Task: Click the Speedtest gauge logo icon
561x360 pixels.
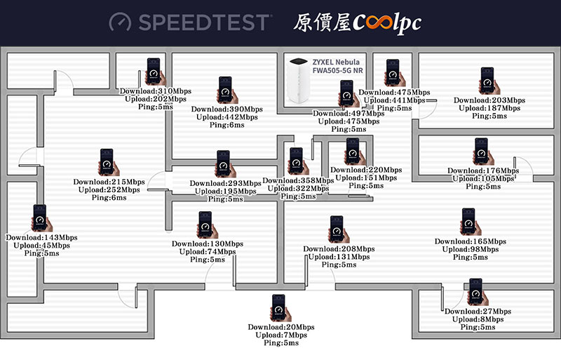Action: [120, 22]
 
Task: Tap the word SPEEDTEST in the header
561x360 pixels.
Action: [204, 22]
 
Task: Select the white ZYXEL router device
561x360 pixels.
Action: [299, 80]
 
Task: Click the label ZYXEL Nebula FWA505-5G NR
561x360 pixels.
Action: [337, 66]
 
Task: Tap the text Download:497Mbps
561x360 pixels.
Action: [349, 114]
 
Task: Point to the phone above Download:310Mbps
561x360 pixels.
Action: [155, 72]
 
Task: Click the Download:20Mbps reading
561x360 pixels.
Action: [281, 327]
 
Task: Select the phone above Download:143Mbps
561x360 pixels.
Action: [42, 218]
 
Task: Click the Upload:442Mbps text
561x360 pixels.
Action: [227, 117]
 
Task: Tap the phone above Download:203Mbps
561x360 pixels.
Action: [489, 81]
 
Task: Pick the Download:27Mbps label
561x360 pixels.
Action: [478, 312]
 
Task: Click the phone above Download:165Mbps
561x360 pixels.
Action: [471, 222]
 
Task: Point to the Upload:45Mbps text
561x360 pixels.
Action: [41, 246]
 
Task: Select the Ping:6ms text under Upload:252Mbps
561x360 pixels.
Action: [109, 198]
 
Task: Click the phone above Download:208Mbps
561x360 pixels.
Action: [339, 229]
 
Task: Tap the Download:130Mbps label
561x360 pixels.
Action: [208, 244]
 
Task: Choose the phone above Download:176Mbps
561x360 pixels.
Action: [483, 152]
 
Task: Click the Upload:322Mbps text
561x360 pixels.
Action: [299, 188]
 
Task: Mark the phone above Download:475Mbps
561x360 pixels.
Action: [395, 73]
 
